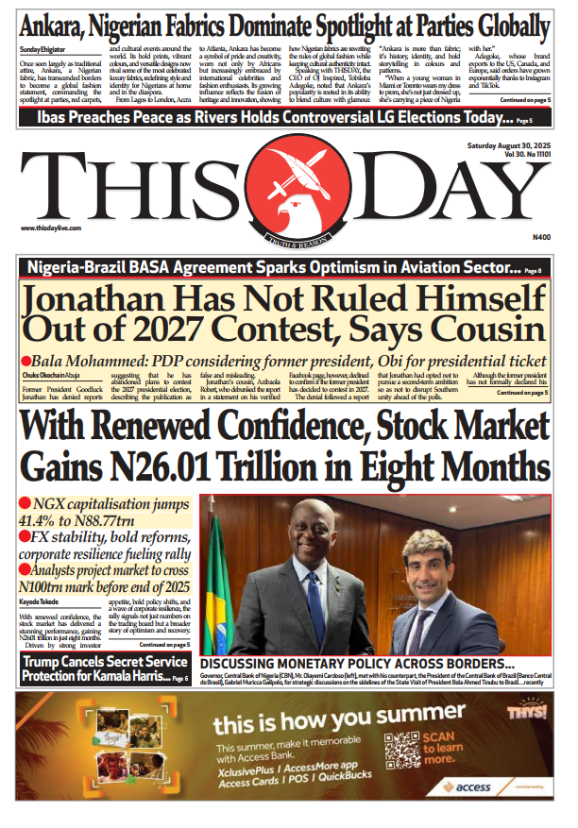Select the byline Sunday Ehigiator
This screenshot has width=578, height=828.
coord(43,46)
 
